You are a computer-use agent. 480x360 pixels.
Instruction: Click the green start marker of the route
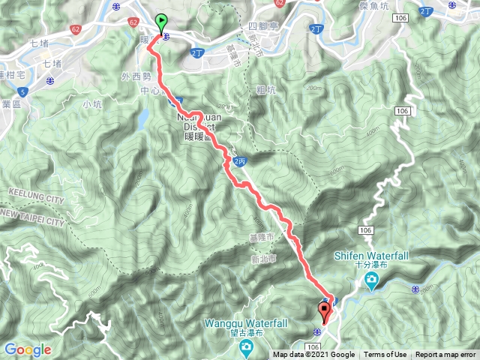click(x=161, y=22)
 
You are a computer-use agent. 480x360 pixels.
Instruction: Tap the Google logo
click(x=28, y=349)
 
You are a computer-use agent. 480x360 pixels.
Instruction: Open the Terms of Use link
click(x=385, y=355)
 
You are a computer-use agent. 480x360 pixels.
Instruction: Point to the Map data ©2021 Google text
click(x=313, y=355)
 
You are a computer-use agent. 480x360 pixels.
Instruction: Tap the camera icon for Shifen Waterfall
click(x=371, y=281)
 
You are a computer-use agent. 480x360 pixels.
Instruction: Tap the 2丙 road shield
click(x=239, y=160)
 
